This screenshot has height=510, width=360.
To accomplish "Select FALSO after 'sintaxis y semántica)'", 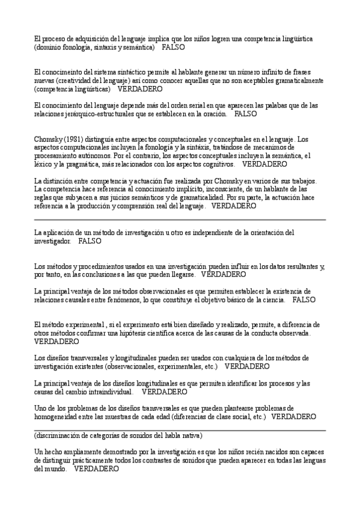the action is tap(173, 46).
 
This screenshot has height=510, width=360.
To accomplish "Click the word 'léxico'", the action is tap(44, 164).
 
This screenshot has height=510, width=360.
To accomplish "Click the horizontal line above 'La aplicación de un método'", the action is tap(180, 220).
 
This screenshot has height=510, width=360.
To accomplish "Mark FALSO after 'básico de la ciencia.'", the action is tap(304, 299).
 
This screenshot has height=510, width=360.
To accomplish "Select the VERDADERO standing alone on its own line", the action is tap(56, 341).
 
